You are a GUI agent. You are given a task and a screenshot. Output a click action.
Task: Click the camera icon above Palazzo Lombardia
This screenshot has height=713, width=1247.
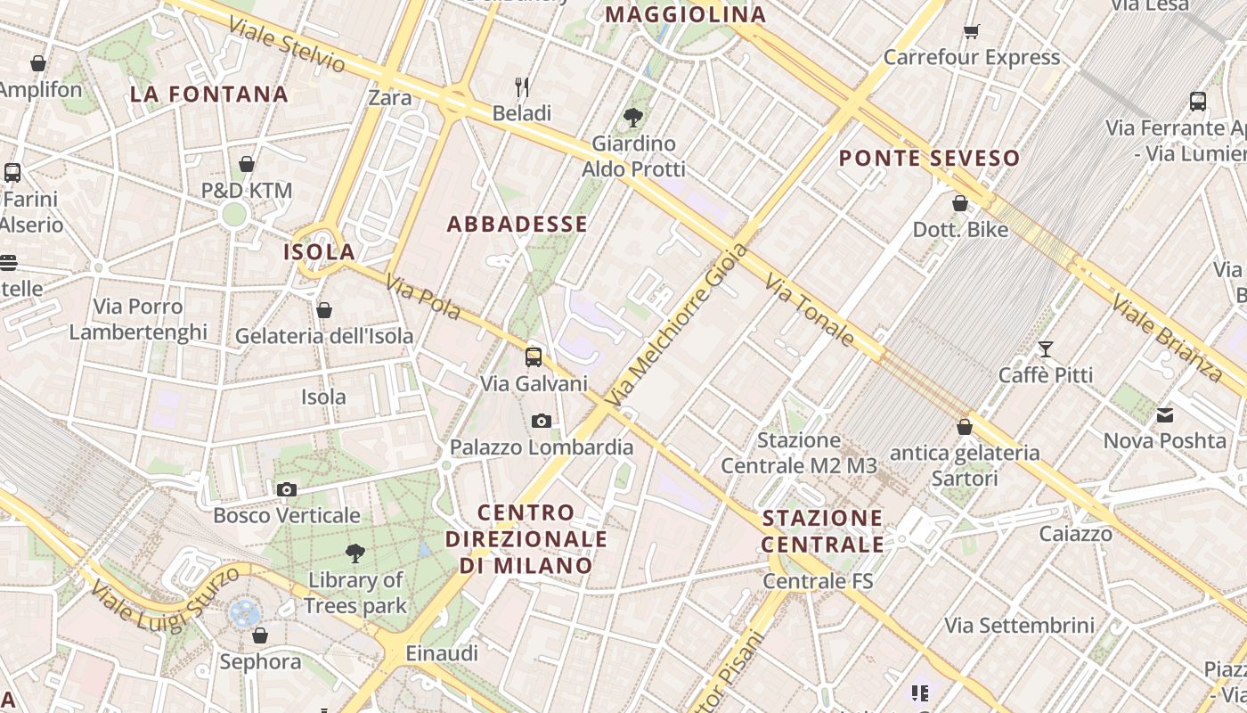tap(541, 421)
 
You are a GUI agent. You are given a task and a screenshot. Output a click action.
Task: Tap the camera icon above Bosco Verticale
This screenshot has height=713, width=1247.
tap(286, 489)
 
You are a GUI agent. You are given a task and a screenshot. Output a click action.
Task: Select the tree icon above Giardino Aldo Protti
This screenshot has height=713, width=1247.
tap(633, 117)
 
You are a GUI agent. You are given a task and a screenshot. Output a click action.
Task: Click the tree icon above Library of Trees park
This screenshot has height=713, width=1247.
tap(355, 553)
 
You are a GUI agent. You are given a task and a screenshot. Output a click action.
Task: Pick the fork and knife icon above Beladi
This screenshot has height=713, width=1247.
tap(522, 87)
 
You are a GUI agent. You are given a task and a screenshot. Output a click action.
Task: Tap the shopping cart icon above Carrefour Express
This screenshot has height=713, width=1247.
tap(971, 32)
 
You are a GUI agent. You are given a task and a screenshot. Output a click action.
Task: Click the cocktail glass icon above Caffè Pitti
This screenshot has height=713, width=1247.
tap(1045, 348)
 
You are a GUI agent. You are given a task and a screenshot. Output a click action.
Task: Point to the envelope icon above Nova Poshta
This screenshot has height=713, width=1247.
tap(1164, 414)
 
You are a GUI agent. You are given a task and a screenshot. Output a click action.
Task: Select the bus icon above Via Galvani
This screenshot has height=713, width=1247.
tap(533, 357)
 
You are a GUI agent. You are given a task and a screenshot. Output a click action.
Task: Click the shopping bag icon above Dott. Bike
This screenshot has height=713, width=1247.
tap(959, 203)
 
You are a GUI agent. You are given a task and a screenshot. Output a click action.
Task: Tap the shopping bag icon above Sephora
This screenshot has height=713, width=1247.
tap(259, 635)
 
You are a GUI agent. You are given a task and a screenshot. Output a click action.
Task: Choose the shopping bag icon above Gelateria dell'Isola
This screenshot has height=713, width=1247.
tap(323, 310)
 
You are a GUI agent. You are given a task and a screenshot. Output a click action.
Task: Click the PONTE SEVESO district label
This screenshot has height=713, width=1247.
tap(929, 159)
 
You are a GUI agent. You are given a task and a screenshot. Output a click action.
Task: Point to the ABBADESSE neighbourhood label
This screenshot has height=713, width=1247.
tap(517, 225)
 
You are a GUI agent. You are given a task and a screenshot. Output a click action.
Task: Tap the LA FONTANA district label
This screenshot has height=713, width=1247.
tap(209, 94)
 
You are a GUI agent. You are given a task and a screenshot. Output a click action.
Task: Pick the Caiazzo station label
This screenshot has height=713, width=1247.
tap(1075, 534)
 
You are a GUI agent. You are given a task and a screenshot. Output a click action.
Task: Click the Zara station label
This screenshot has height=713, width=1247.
tap(389, 97)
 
